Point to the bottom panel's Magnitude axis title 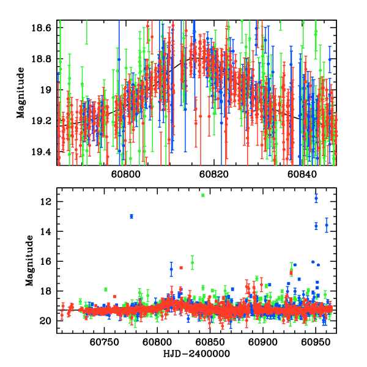[29, 261]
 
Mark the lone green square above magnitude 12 [202, 195]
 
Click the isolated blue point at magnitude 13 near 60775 [132, 217]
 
